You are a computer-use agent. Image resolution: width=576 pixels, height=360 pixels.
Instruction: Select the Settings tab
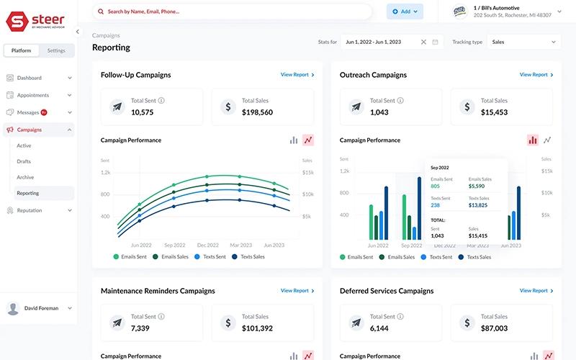point(55,50)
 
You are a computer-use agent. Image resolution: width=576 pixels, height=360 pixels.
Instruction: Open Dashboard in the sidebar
point(30,78)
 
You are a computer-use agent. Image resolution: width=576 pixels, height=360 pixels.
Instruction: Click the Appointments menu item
point(32,95)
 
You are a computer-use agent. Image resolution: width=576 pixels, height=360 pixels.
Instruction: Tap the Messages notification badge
point(44,112)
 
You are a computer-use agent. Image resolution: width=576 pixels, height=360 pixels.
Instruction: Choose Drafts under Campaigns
point(24,161)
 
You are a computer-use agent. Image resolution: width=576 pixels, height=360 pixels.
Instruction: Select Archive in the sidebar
point(25,177)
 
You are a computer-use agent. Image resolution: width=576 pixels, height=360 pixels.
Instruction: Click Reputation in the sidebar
point(30,210)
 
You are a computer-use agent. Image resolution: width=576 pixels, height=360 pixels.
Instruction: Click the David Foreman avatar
point(13,308)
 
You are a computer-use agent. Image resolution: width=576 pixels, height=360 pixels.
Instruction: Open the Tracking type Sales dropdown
point(523,42)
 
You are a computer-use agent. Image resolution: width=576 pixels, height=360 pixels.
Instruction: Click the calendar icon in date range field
point(435,42)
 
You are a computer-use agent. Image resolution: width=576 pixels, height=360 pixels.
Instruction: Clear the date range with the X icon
point(423,42)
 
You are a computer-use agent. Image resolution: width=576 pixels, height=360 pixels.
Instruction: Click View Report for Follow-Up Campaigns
point(297,75)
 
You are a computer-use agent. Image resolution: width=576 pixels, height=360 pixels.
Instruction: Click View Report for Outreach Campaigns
point(536,75)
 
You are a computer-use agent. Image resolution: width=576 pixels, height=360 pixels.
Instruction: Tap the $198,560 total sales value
point(257,112)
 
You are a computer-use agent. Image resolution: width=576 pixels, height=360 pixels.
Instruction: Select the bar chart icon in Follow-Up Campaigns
point(294,140)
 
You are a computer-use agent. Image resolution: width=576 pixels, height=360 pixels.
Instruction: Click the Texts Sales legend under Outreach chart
point(475,257)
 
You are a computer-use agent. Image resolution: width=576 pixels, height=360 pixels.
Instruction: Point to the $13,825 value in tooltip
point(478,205)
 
